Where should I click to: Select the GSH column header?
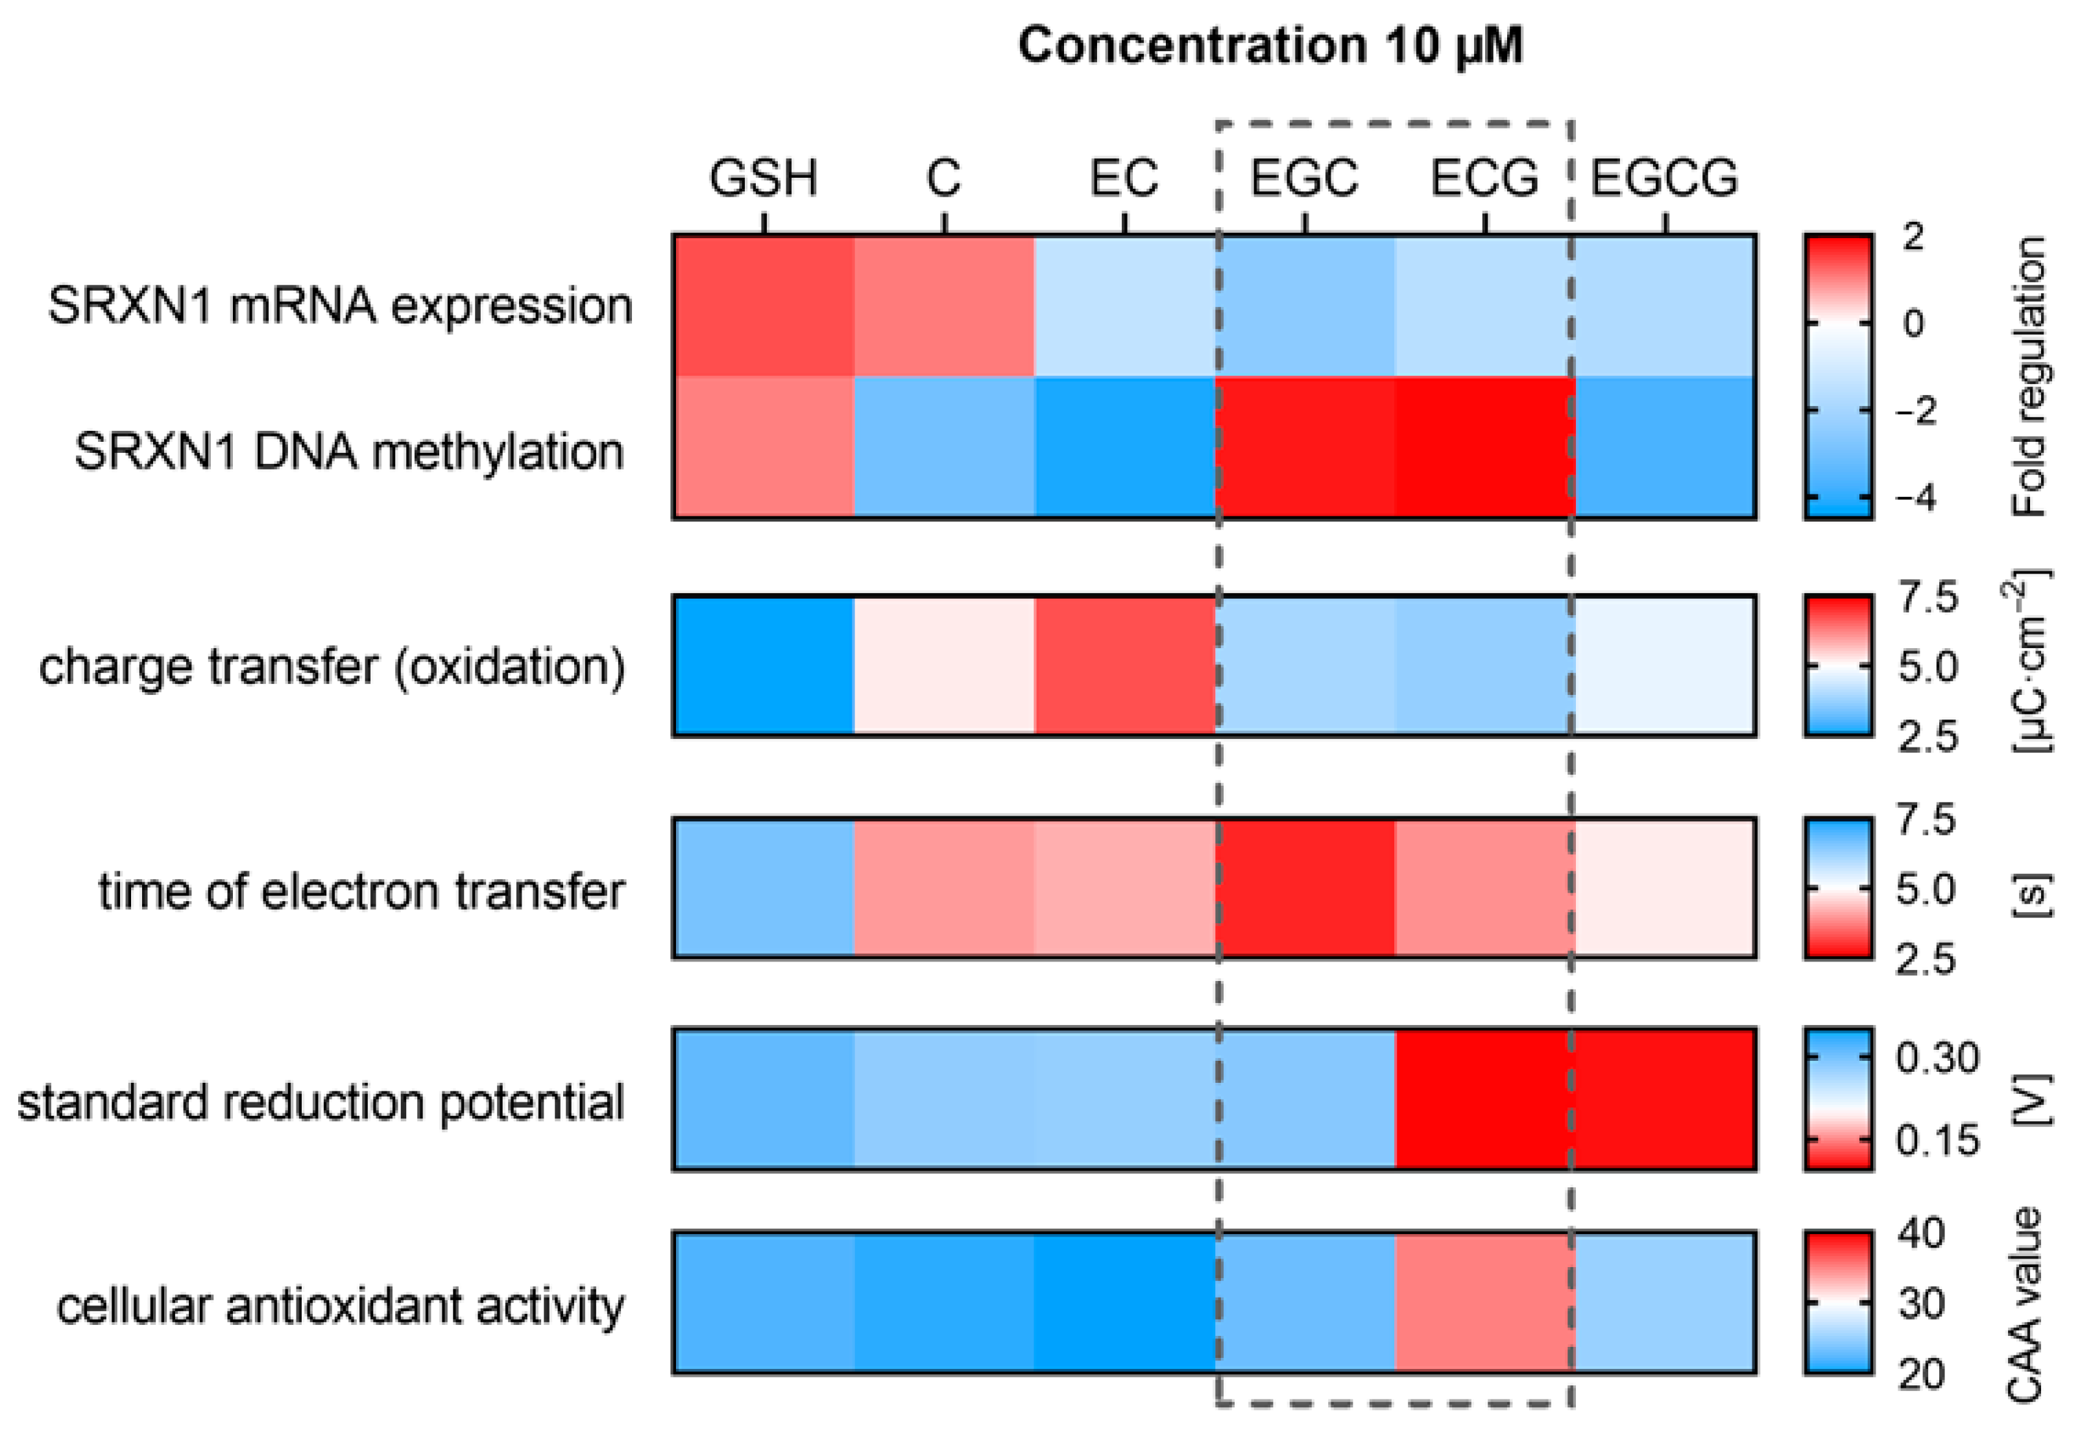coord(763,178)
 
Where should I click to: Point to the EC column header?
coord(1123,178)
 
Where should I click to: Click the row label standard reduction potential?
coord(320,1102)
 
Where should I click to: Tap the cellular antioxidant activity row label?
coord(341,1305)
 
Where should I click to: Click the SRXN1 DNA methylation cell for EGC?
coord(1305,447)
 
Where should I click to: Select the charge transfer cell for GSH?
coord(764,666)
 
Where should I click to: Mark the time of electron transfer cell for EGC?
coord(1305,888)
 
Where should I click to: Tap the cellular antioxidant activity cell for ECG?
coord(1485,1303)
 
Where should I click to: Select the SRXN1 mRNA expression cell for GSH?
coord(764,305)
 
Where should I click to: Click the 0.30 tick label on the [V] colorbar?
coord(1937,1058)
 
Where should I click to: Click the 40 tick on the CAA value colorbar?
coord(1921,1233)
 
